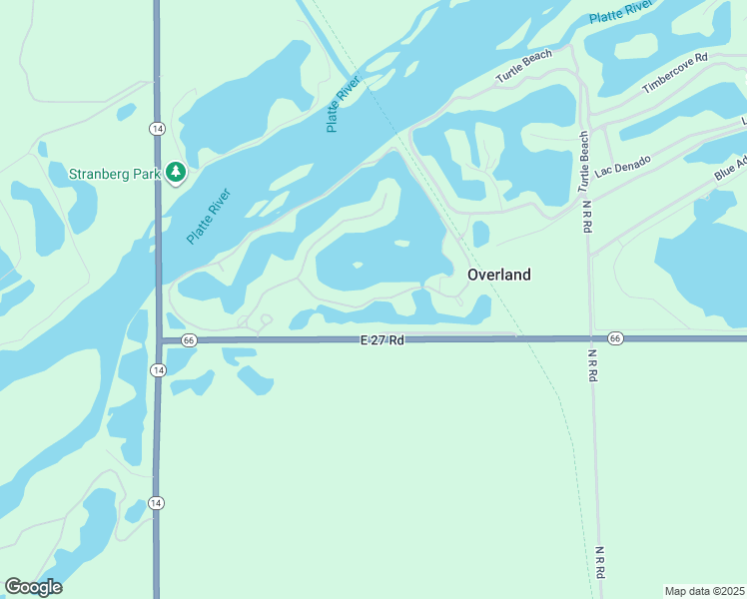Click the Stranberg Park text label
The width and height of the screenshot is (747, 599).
click(x=114, y=174)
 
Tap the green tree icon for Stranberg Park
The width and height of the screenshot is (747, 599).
click(x=176, y=173)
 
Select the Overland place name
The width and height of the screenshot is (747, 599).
click(x=498, y=275)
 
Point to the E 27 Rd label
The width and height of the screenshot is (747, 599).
click(x=382, y=340)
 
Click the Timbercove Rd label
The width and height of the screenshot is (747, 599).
click(x=674, y=73)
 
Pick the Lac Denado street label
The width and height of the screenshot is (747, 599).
click(x=622, y=166)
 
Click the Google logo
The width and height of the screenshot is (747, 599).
click(x=33, y=587)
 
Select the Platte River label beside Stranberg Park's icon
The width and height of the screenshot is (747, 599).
click(x=208, y=217)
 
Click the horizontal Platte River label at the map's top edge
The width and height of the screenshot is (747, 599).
click(x=620, y=13)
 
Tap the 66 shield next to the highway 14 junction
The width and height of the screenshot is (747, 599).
click(x=189, y=340)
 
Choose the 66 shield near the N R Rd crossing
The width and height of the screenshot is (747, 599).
click(x=615, y=339)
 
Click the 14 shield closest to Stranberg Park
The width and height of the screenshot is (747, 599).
click(x=157, y=129)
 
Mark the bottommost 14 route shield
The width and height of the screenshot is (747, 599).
click(x=157, y=501)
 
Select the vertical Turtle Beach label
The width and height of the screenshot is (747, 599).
click(x=584, y=162)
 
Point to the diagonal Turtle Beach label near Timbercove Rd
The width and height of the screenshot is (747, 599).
click(x=524, y=67)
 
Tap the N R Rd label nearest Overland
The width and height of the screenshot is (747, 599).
click(x=587, y=217)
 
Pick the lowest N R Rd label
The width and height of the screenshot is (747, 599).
click(x=600, y=562)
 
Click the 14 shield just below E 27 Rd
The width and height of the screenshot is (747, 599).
click(x=157, y=370)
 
